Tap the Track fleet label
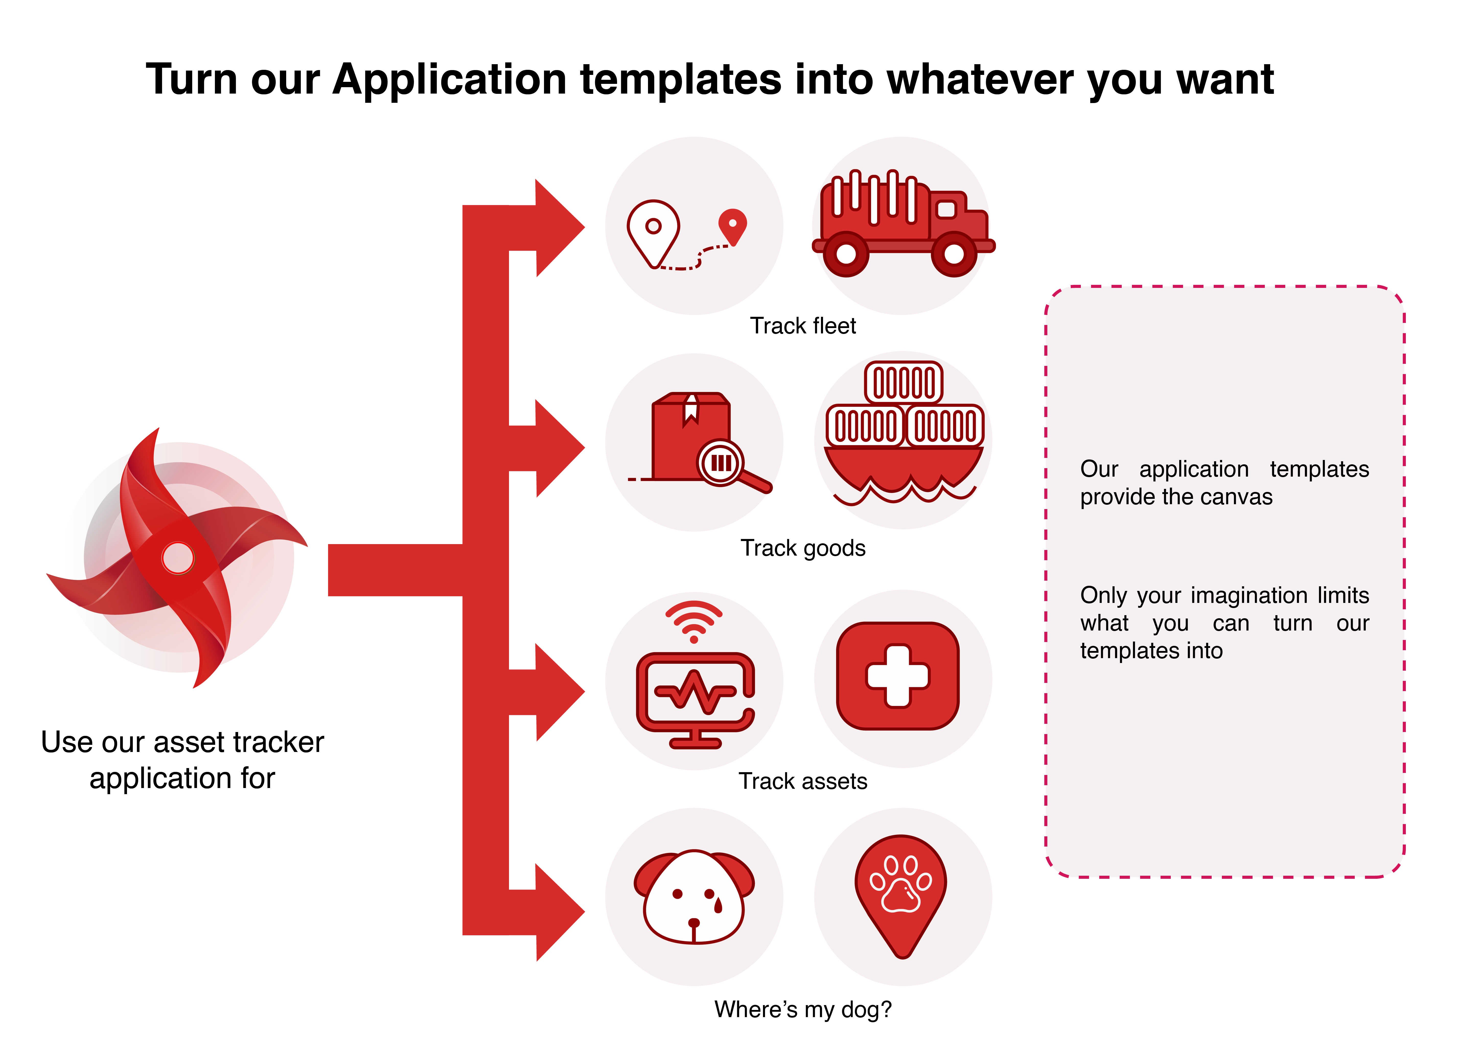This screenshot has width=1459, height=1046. (803, 326)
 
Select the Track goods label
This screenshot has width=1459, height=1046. (803, 548)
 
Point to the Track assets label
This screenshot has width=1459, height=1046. (803, 781)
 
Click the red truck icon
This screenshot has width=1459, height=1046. (903, 223)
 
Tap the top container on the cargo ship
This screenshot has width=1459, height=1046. (904, 383)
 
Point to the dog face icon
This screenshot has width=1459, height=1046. (694, 897)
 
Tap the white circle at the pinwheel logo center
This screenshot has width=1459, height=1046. (178, 557)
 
